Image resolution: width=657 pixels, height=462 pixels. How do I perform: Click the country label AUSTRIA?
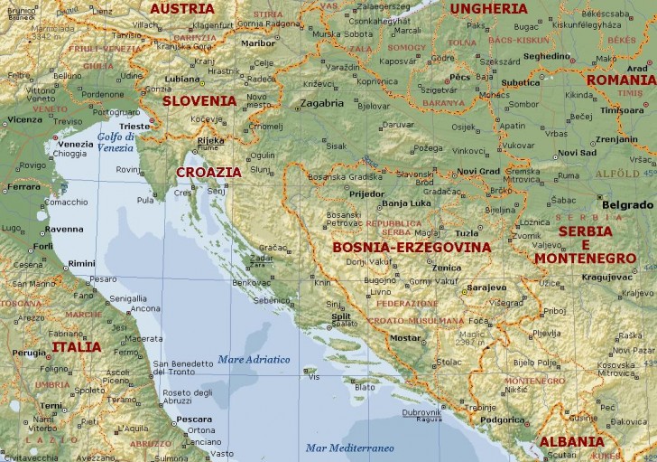coord(182,8)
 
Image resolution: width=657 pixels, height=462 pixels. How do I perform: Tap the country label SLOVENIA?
coord(199,101)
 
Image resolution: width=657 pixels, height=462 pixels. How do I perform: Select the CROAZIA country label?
coord(208,171)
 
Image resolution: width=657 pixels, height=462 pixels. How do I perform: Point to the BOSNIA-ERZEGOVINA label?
coord(412,247)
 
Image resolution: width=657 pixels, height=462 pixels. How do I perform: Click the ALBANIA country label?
coord(572,442)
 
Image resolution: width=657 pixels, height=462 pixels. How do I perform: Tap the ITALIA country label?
coord(77,346)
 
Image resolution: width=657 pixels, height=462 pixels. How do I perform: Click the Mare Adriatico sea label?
coord(254,360)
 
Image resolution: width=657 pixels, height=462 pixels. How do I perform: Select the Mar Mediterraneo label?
coord(349,448)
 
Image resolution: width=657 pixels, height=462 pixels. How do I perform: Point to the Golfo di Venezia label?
coord(116,142)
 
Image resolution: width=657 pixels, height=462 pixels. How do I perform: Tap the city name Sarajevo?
coord(486,288)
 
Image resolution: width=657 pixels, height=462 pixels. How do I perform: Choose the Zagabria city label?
coord(322,103)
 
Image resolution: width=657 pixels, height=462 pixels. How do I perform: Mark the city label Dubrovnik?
coord(421,411)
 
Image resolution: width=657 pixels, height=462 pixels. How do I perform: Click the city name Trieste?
coord(135,126)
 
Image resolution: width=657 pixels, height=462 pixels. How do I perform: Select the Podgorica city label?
coord(503,419)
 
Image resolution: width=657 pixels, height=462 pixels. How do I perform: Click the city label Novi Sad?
coord(578,152)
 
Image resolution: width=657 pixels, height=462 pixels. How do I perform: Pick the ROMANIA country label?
coord(621,80)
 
